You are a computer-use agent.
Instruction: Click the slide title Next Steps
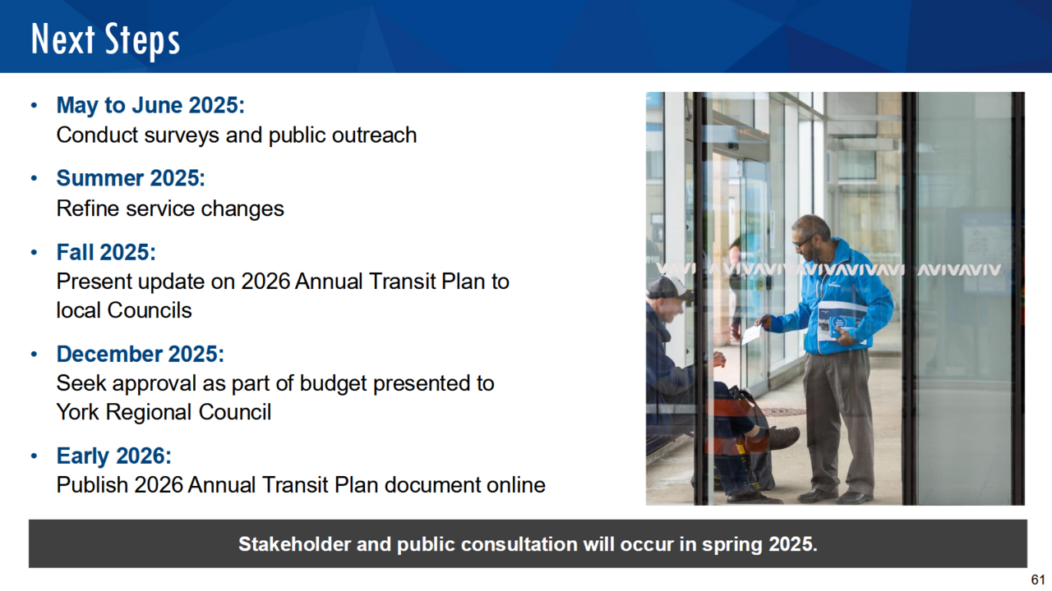pyautogui.click(x=105, y=40)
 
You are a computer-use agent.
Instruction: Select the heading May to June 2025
pyautogui.click(x=150, y=105)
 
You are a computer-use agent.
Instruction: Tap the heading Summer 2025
pyautogui.click(x=131, y=178)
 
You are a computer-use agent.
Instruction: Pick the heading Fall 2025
pyautogui.click(x=106, y=252)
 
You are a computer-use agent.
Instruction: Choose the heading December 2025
pyautogui.click(x=140, y=354)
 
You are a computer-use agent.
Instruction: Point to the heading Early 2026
pyautogui.click(x=113, y=456)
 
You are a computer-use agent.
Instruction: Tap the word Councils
pyautogui.click(x=150, y=310)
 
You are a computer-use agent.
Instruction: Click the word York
pyautogui.click(x=78, y=412)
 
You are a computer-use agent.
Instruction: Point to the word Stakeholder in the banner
pyautogui.click(x=294, y=544)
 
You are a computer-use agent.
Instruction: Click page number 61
pyautogui.click(x=1037, y=580)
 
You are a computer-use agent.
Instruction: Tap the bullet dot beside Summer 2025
pyautogui.click(x=34, y=178)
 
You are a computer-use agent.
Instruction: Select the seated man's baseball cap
pyautogui.click(x=669, y=287)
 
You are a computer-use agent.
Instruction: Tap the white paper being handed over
pyautogui.click(x=752, y=333)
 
